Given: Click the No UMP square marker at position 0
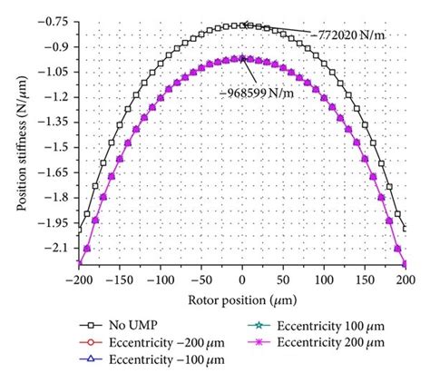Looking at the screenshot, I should (241, 25).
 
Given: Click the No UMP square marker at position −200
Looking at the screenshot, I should (80, 227).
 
